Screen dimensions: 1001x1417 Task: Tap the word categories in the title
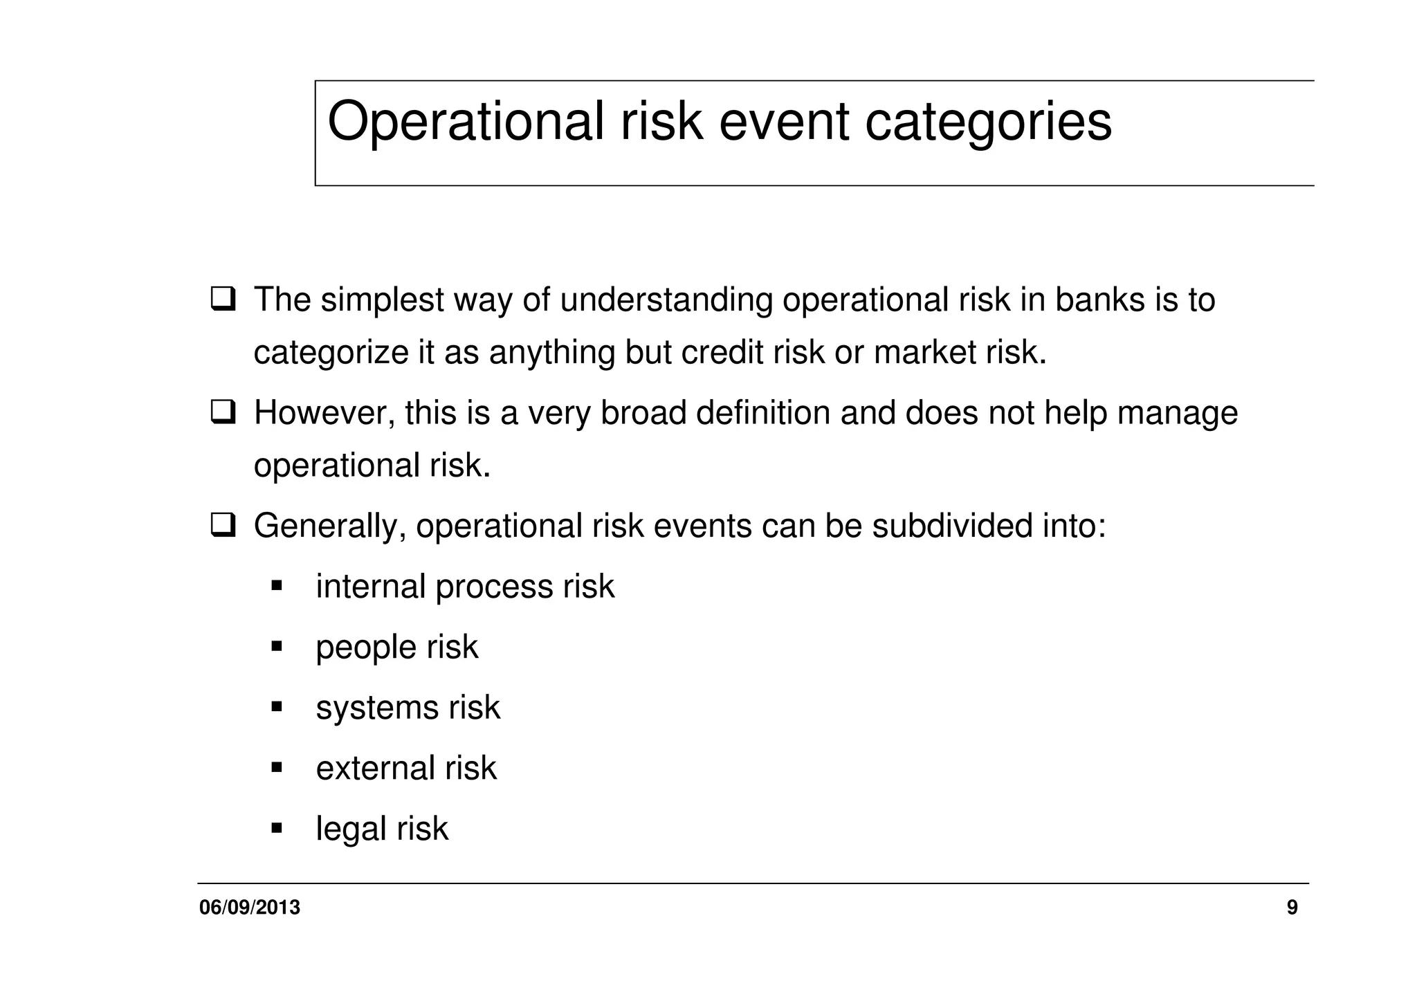pyautogui.click(x=988, y=122)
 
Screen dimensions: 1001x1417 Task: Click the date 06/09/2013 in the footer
pyautogui.click(x=250, y=908)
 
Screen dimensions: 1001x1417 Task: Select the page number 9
pyautogui.click(x=1292, y=908)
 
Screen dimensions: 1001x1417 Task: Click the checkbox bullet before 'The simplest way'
pyautogui.click(x=223, y=300)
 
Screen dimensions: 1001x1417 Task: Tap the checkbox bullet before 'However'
pyautogui.click(x=223, y=413)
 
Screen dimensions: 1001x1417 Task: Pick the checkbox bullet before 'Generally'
pyautogui.click(x=223, y=526)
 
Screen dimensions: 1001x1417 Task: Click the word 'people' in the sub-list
pyautogui.click(x=366, y=648)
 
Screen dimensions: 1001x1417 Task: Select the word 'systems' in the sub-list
pyautogui.click(x=377, y=708)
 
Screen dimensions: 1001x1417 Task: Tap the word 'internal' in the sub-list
pyautogui.click(x=370, y=587)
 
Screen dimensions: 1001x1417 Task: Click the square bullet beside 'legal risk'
pyautogui.click(x=277, y=827)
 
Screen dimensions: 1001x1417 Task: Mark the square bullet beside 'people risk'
pyautogui.click(x=277, y=647)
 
